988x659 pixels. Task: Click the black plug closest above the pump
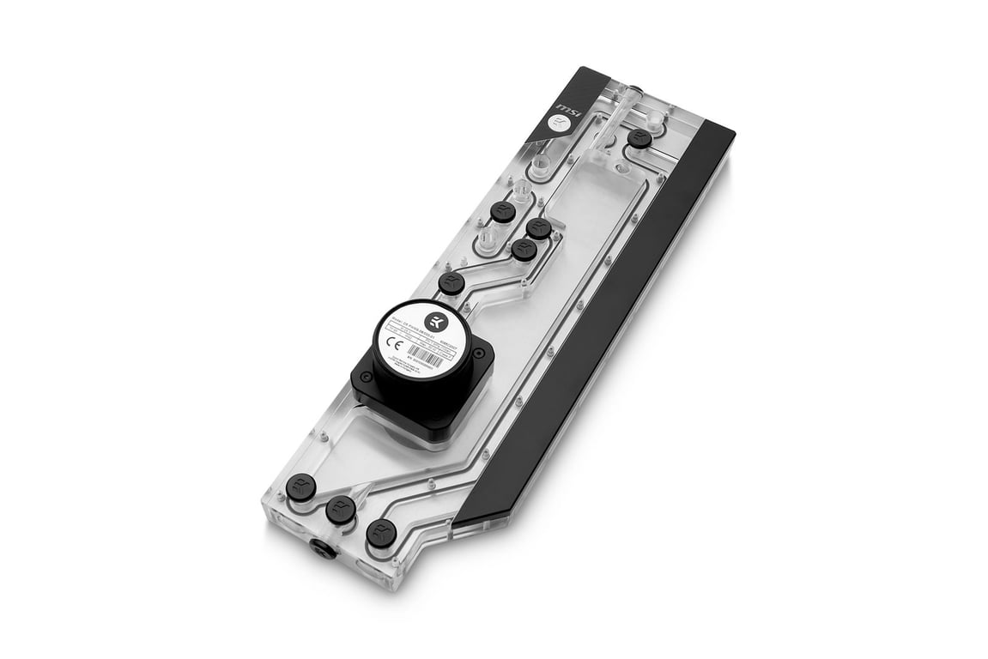[452, 283]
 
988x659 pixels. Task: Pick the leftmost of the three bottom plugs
[301, 487]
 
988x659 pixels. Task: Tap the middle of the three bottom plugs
[341, 510]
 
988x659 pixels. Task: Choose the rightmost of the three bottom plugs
[381, 532]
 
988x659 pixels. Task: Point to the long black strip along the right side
[601, 326]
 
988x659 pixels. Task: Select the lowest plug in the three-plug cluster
[524, 250]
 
